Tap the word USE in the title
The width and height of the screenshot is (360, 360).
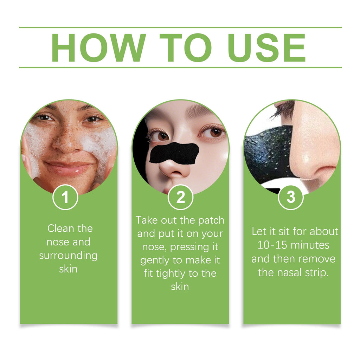(x=267, y=48)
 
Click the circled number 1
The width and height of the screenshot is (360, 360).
(x=65, y=198)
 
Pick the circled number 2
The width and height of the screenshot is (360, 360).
(x=180, y=198)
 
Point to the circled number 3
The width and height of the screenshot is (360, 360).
(x=291, y=198)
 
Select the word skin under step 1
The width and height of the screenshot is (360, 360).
(x=68, y=269)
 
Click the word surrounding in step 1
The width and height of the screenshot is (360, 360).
(x=68, y=256)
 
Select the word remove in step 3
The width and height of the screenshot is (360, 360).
(x=318, y=259)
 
